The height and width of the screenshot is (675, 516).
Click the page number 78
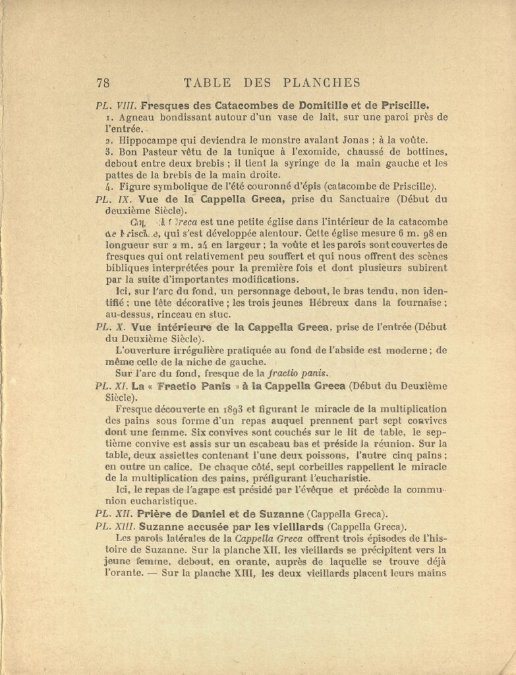[103, 82]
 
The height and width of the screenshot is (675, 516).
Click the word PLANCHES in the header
[322, 82]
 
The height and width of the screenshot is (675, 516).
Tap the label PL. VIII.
[116, 105]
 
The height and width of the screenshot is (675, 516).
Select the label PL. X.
[111, 327]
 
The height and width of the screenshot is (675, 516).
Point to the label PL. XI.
[113, 386]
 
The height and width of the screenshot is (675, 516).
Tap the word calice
[178, 467]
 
